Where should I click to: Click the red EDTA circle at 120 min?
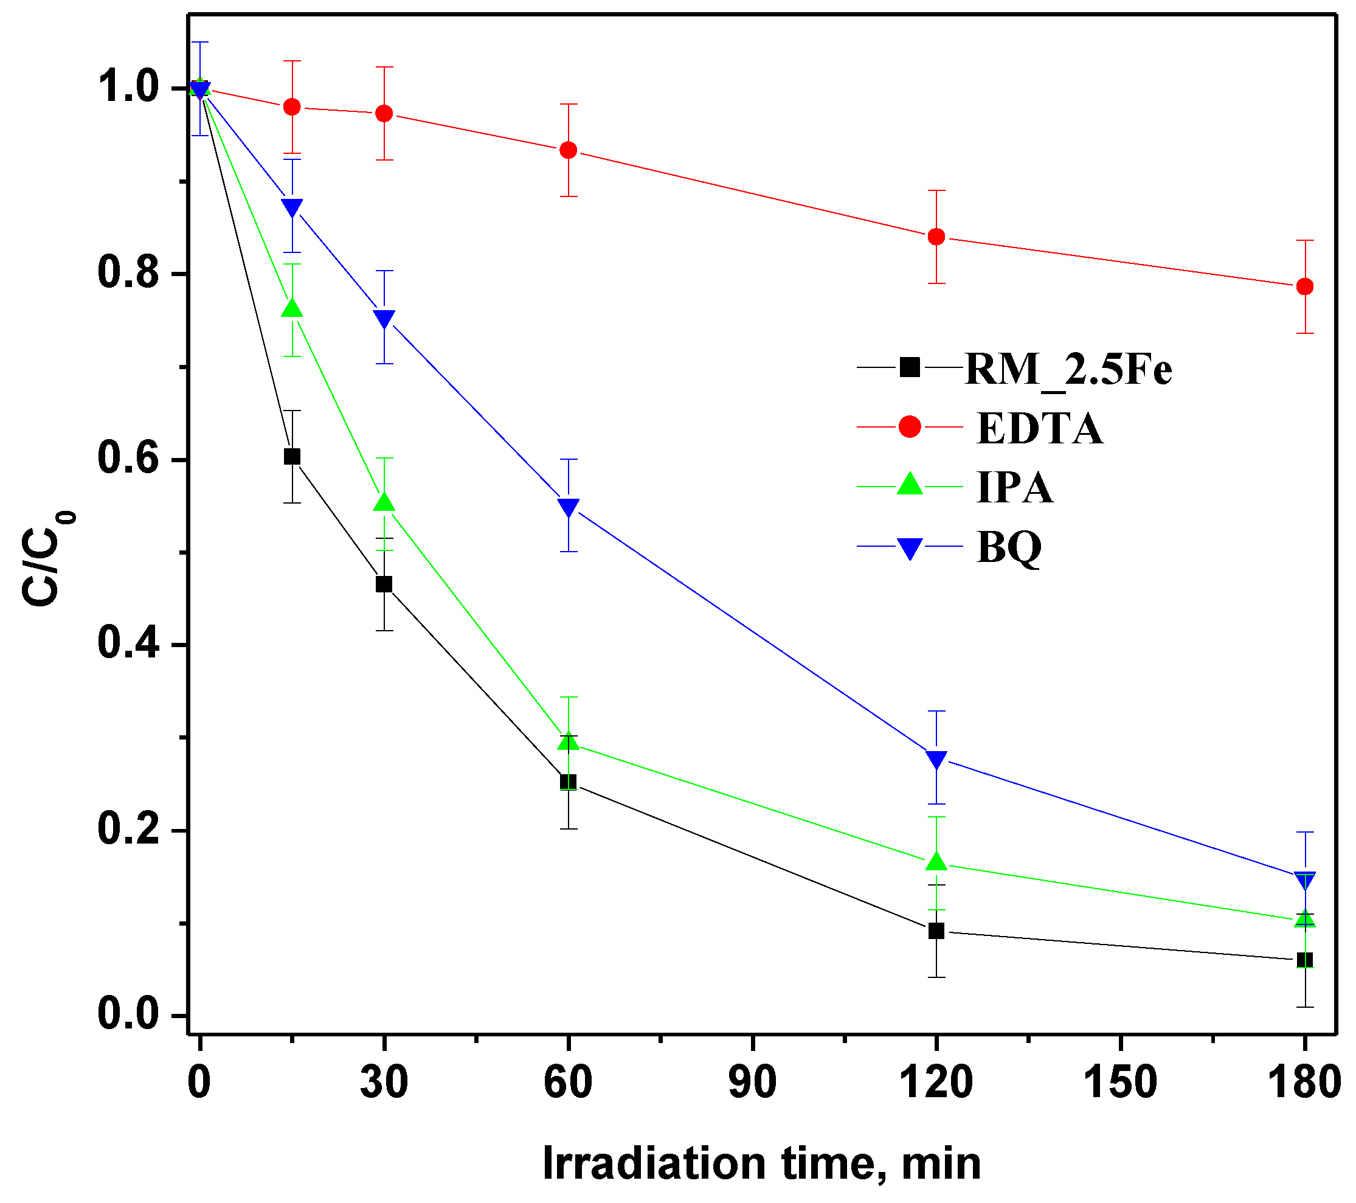click(x=936, y=237)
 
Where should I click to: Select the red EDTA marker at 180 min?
click(x=1304, y=286)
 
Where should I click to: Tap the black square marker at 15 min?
click(x=292, y=457)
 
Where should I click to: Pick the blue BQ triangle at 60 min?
click(x=569, y=508)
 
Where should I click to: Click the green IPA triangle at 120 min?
click(x=936, y=862)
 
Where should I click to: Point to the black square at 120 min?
click(x=936, y=931)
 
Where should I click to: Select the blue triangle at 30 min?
click(x=384, y=319)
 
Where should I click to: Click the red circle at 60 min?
click(x=569, y=150)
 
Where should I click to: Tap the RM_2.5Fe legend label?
click(x=1068, y=369)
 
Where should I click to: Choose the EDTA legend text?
click(x=1040, y=429)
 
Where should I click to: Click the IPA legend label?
click(x=1014, y=488)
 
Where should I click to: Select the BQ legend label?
click(x=1009, y=547)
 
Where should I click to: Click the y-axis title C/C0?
click(x=48, y=557)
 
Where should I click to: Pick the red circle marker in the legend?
click(x=910, y=427)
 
